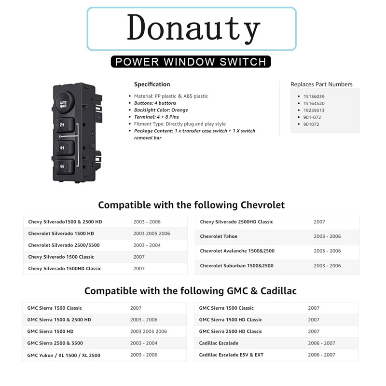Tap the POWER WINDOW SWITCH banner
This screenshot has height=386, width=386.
[x=191, y=62]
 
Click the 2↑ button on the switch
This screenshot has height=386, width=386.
[x=64, y=124]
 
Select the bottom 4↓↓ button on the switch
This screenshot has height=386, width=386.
[x=64, y=167]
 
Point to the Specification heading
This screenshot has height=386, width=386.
[x=152, y=84]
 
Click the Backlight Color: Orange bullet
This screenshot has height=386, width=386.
[x=161, y=110]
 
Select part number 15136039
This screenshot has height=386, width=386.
[x=314, y=96]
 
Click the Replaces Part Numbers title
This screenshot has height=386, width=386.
[x=321, y=84]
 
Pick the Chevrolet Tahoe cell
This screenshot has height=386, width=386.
[x=219, y=236]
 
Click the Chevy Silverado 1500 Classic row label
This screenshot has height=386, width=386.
[x=61, y=257]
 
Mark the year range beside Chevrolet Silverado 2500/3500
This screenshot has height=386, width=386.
[x=147, y=245]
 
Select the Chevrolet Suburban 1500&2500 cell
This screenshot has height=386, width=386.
[x=236, y=266]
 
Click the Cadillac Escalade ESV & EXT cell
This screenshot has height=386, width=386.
[x=231, y=355]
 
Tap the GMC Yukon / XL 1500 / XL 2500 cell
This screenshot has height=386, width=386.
[x=64, y=355]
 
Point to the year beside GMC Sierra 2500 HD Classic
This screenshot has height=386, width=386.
[x=314, y=331]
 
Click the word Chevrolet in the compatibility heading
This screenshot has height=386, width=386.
[x=259, y=205]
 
